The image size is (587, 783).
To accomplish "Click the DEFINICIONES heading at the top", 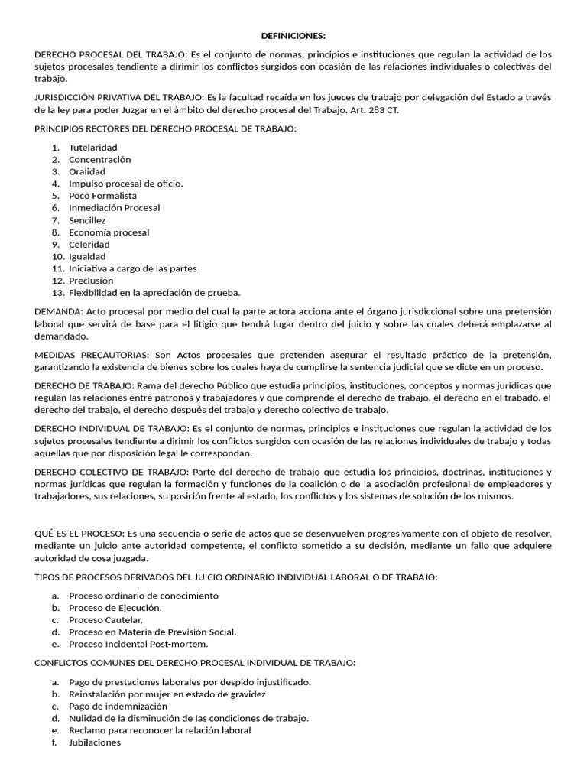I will tap(293, 36).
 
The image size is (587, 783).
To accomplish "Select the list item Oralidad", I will tap(87, 171).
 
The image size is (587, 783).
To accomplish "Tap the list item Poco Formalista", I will tap(102, 196).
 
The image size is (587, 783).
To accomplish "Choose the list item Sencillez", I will tap(87, 220).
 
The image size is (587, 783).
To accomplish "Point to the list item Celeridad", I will tap(89, 245).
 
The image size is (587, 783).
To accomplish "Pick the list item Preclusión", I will tap(91, 281).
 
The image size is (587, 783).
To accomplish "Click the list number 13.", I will tap(58, 293).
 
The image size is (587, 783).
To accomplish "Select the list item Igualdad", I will tap(87, 257).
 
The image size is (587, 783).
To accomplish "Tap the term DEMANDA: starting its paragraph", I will tap(59, 312).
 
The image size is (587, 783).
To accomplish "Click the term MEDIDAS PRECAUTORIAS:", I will tap(92, 356).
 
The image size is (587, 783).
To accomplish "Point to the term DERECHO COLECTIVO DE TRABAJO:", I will tap(110, 473).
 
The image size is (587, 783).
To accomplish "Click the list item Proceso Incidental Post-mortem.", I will tap(128, 645).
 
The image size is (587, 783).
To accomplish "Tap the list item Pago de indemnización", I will tap(118, 707).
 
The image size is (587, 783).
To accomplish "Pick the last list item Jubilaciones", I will tap(95, 743).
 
